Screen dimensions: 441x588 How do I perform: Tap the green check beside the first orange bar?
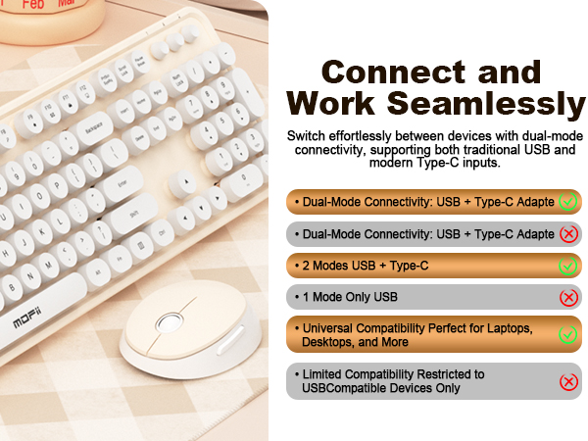point(567,203)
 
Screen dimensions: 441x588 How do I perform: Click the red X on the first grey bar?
point(567,234)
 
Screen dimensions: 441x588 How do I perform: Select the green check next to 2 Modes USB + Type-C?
point(567,266)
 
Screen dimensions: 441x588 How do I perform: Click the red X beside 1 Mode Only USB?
point(567,297)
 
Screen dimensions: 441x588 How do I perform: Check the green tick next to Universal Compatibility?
point(567,334)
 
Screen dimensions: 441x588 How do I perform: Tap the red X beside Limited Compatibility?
point(567,381)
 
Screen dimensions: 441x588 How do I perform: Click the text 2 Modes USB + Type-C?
point(366,266)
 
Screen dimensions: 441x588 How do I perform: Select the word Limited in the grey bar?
point(326,374)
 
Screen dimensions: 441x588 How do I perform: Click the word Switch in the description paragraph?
point(306,135)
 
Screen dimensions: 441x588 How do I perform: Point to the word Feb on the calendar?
point(33,5)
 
